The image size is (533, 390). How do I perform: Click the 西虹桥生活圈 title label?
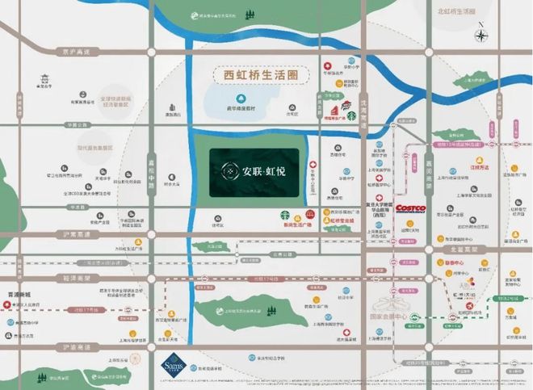(x=256, y=75)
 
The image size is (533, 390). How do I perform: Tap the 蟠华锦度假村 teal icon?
(x=229, y=97)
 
